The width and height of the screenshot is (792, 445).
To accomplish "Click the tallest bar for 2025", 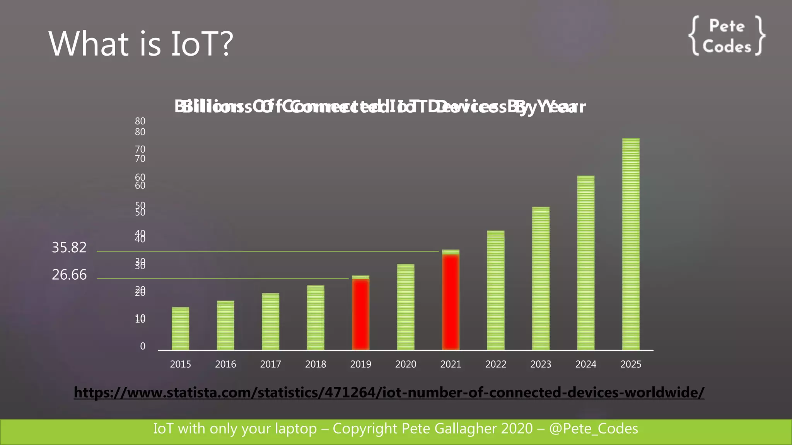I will click(631, 244).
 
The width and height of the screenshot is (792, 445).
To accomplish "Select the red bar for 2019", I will click(360, 314).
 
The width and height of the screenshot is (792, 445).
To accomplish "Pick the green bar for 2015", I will click(180, 329).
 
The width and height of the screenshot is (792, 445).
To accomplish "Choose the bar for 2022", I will click(495, 290).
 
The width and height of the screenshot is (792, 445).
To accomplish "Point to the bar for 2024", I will click(585, 263).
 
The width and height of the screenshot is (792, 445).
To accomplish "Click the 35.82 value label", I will click(69, 248).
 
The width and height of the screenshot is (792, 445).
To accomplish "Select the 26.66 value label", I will click(69, 275).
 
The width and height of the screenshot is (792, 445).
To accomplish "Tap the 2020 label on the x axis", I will click(405, 364).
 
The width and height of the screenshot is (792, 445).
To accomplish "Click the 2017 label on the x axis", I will click(270, 364).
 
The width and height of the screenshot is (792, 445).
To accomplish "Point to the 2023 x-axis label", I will click(540, 364).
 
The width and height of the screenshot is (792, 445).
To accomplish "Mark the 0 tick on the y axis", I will click(143, 346).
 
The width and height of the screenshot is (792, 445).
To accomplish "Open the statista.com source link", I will click(389, 392).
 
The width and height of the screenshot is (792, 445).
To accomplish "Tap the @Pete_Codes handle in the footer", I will click(594, 429).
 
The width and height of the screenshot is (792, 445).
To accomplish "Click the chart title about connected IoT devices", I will click(380, 107).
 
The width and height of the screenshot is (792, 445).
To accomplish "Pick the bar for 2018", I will click(316, 318).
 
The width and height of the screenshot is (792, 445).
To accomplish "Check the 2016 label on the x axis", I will click(225, 364).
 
